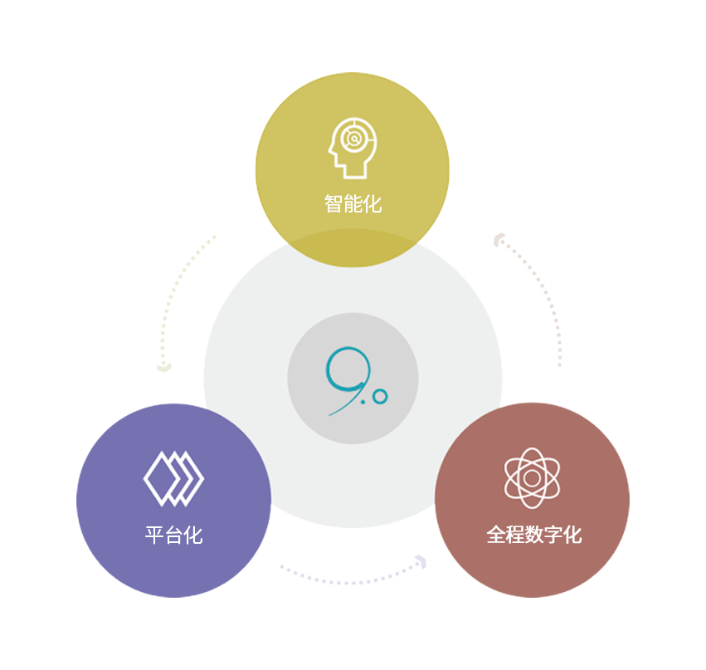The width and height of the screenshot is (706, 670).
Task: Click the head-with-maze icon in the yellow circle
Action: pos(353,148)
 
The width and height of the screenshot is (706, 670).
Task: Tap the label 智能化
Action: pos(353,203)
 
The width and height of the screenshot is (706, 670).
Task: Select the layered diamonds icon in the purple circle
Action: pos(173,478)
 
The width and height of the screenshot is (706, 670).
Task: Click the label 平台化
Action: pos(173,536)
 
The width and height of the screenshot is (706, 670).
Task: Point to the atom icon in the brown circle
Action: pos(533,478)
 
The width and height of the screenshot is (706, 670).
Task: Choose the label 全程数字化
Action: pos(534,535)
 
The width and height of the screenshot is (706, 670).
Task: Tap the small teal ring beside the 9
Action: pos(380,397)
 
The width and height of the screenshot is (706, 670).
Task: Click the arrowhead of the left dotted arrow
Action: pos(164,368)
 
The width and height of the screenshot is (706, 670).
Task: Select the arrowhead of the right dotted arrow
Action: pos(499,240)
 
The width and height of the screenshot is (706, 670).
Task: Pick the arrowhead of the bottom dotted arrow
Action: pos(421,562)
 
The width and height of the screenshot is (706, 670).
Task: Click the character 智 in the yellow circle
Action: pos(334,203)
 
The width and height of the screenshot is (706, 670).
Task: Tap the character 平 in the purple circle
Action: pos(154,536)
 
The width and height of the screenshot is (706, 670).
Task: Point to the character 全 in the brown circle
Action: pos(496,535)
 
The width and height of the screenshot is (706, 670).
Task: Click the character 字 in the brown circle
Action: pos(553,535)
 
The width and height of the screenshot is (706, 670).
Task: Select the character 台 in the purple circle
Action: pos(173,536)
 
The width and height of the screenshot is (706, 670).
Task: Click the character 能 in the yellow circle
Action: pos(353,203)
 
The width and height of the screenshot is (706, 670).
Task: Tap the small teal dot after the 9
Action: pos(363,402)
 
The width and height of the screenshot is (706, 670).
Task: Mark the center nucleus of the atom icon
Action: pos(533,478)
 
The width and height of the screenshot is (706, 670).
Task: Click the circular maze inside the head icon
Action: pos(354,139)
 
